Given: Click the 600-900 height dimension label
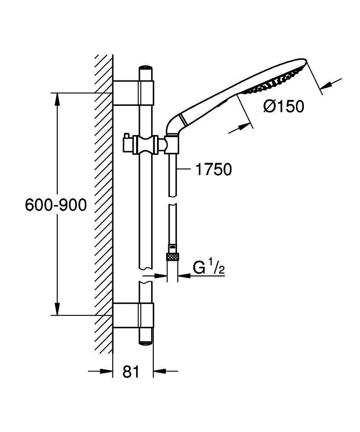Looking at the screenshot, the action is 56,205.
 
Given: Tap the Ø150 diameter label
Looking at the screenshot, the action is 284,106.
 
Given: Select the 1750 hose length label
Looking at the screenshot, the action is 214,169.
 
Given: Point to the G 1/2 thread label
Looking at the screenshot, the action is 209,268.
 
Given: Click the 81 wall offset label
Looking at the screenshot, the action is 131,372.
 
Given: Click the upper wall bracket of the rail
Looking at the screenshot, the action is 133,93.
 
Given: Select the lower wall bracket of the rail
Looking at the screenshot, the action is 133,315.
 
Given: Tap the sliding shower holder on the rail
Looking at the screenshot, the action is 146,144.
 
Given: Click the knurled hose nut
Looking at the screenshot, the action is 173,256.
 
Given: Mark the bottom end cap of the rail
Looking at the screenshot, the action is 146,342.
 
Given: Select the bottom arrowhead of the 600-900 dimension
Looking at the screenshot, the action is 57,308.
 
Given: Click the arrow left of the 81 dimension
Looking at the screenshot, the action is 100,371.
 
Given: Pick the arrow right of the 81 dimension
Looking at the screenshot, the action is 166,371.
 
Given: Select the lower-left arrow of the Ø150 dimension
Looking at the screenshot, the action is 241,129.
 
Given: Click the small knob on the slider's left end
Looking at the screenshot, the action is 126,137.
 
